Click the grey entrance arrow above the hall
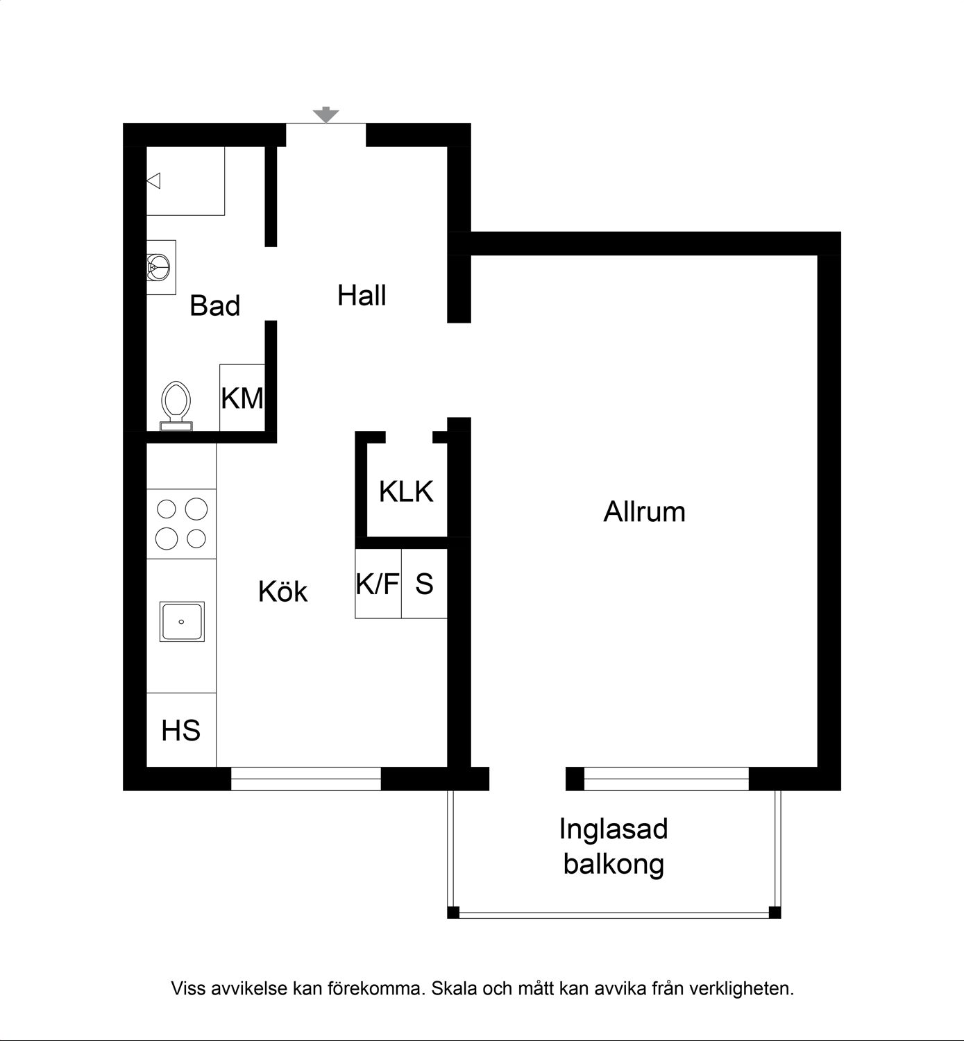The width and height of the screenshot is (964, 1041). pyautogui.click(x=326, y=115)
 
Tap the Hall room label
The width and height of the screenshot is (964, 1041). pyautogui.click(x=362, y=295)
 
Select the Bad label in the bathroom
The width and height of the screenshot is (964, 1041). pyautogui.click(x=215, y=305)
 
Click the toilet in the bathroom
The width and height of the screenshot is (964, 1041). pyautogui.click(x=176, y=406)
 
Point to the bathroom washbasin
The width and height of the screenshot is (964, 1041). pyautogui.click(x=160, y=267)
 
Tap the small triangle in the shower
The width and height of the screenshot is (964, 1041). pyautogui.click(x=153, y=181)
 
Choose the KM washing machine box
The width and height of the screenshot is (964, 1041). pyautogui.click(x=242, y=398)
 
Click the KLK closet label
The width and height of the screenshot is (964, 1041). pyautogui.click(x=406, y=491)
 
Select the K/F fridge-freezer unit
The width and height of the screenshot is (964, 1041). pyautogui.click(x=378, y=584)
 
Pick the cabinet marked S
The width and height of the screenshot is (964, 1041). pyautogui.click(x=425, y=584)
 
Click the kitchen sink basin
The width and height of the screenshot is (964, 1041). pyautogui.click(x=182, y=622)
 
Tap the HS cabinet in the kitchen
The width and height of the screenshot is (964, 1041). pyautogui.click(x=181, y=729)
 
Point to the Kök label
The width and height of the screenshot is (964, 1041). pyautogui.click(x=282, y=591)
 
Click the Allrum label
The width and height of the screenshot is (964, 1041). pyautogui.click(x=644, y=511)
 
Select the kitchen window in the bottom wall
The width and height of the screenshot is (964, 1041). pyautogui.click(x=305, y=779)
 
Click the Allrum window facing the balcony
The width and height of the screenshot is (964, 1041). pyautogui.click(x=666, y=779)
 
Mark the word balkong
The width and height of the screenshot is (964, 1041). pyautogui.click(x=614, y=864)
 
